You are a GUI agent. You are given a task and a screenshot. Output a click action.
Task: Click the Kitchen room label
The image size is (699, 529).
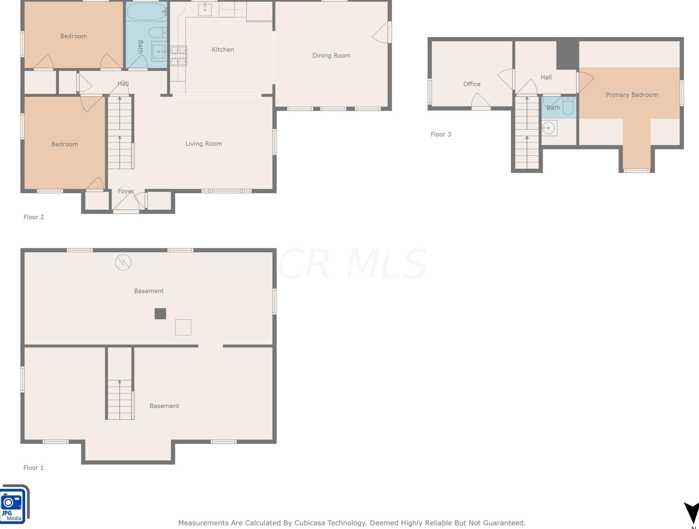[x=223, y=50]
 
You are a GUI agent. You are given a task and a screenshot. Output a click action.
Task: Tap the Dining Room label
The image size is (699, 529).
[x=331, y=56]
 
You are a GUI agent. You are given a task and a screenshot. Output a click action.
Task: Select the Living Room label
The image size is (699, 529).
[x=204, y=144]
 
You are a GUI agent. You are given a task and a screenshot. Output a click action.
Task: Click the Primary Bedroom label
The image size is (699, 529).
[x=632, y=95]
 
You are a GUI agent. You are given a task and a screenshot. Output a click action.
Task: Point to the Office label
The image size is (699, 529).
[x=472, y=84]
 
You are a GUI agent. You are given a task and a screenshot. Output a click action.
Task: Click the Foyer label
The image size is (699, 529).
[x=126, y=191]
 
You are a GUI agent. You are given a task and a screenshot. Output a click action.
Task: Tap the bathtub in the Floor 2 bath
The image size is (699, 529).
[x=146, y=11]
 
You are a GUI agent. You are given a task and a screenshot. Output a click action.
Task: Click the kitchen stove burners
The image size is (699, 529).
[x=179, y=56]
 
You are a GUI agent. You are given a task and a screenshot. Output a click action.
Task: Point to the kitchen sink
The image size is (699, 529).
[x=205, y=9]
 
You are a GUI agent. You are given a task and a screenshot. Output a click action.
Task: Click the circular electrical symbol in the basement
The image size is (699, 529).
[x=123, y=263]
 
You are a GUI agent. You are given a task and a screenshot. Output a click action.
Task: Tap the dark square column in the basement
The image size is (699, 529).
[x=160, y=314]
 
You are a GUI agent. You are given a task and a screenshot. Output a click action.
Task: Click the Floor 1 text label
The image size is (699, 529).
[x=34, y=468]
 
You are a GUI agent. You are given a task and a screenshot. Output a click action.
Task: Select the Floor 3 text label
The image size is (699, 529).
[x=441, y=134]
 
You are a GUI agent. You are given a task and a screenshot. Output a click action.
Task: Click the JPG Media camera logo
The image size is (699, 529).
[x=14, y=504]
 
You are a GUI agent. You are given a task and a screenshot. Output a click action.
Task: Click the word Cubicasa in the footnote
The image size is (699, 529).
[x=310, y=523]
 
